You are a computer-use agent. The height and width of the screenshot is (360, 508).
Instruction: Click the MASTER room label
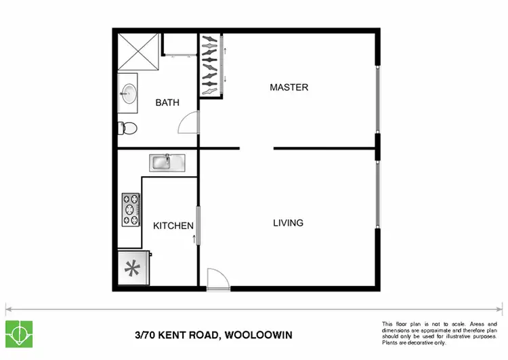coord(289,87)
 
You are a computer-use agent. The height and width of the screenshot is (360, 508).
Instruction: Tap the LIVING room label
coord(288,223)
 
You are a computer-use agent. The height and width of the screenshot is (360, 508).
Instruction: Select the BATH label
coord(167,103)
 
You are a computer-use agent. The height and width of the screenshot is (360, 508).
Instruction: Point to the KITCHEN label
coord(173,226)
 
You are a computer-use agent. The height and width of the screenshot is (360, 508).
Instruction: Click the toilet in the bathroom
coord(128,127)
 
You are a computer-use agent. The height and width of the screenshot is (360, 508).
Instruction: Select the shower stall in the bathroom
coord(139,52)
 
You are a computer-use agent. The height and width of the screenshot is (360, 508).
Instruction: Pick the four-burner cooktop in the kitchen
coord(130,210)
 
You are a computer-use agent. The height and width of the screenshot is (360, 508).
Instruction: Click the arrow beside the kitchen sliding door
coord(195,239)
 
